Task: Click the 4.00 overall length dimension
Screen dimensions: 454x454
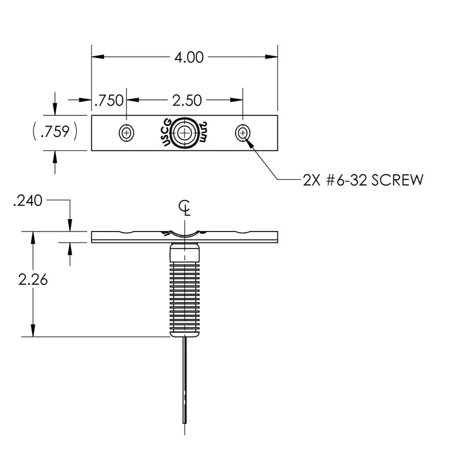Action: pos(189,57)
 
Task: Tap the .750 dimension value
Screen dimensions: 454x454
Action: pos(109,100)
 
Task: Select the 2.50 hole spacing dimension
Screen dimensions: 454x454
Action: pos(187,100)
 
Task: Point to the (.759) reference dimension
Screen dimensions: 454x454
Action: pos(55,131)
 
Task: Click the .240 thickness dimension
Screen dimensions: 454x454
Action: pos(28,200)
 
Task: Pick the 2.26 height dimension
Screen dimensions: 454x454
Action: pos(33,280)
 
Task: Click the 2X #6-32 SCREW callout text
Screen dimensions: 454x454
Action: pos(363,180)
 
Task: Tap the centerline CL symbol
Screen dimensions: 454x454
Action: pos(184,208)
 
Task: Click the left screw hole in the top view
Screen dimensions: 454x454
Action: pos(126,133)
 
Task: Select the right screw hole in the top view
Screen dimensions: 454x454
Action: pos(243,133)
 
